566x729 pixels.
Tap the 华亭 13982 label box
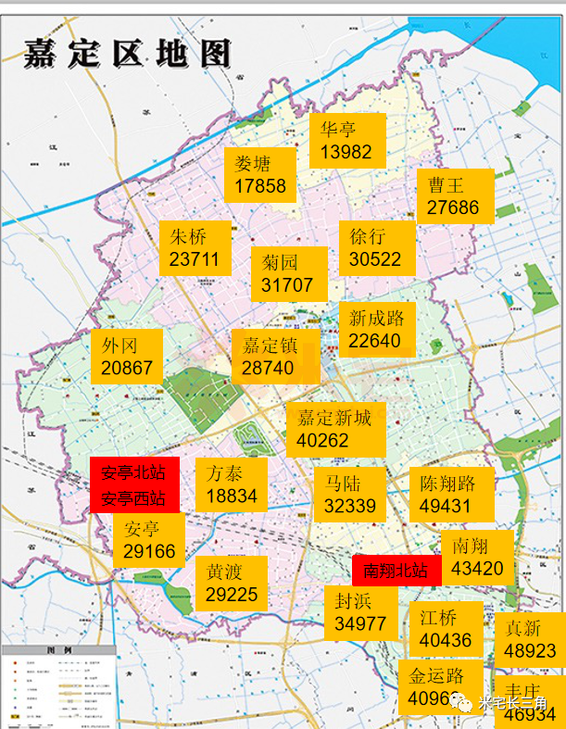[346, 140]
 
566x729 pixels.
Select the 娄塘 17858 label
[259, 175]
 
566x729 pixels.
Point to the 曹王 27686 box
[454, 196]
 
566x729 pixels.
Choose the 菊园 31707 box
[288, 273]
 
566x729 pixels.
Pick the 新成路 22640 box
[376, 330]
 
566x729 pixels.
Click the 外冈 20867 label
[127, 357]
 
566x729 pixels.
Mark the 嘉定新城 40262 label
[334, 430]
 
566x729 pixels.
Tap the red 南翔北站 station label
[396, 571]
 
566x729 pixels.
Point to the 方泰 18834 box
[232, 484]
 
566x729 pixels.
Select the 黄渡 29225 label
[232, 584]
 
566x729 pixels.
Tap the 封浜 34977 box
[360, 612]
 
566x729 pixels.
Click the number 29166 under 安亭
[149, 552]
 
